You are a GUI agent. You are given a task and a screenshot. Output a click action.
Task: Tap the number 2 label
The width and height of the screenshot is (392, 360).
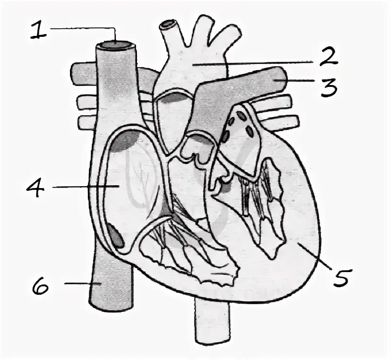click(327, 58)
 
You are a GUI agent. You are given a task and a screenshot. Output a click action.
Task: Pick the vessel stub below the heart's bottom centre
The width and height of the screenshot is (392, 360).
click(212, 326)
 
